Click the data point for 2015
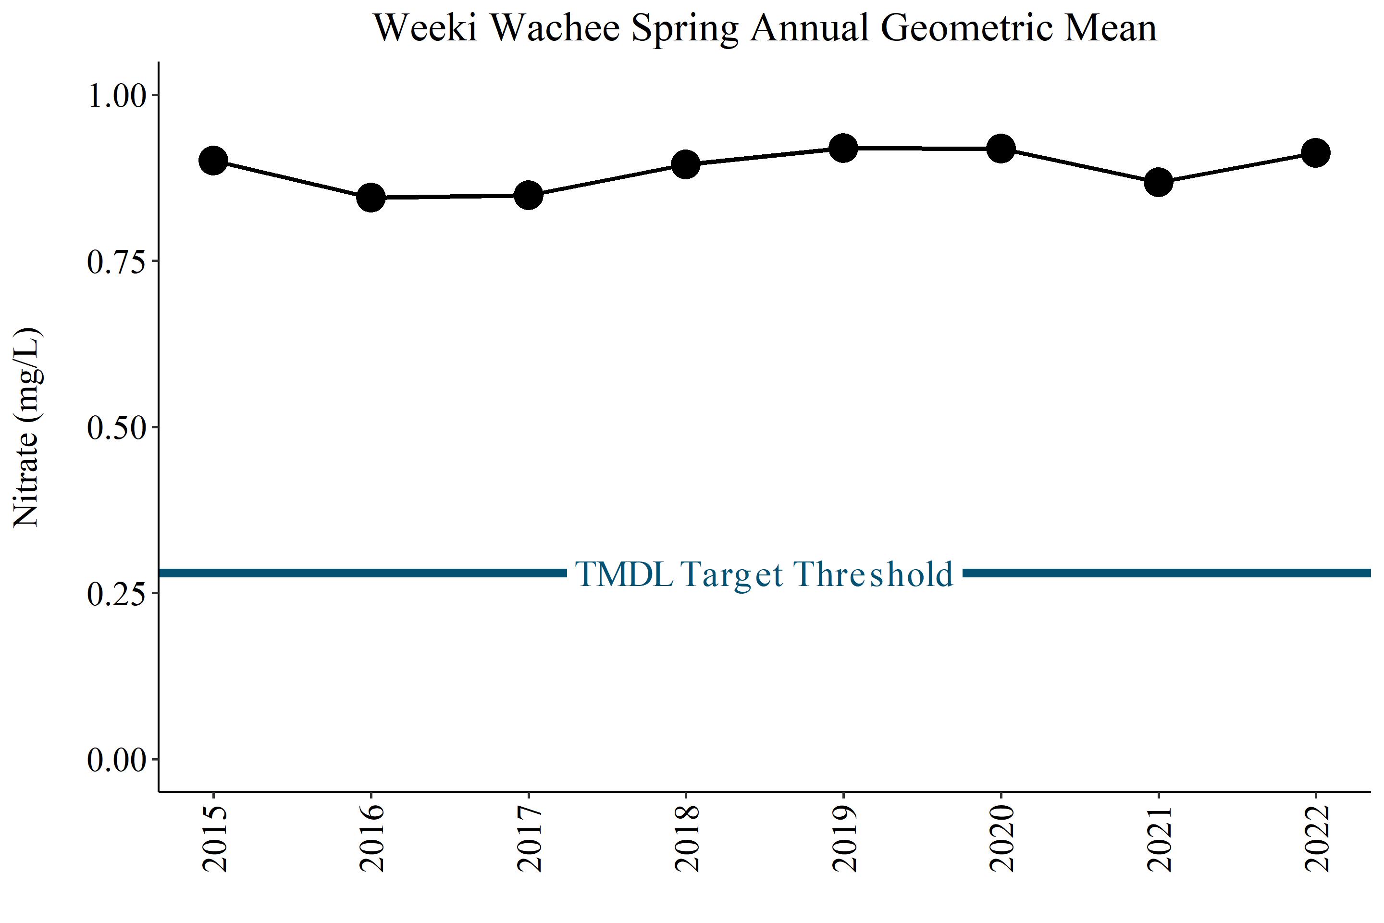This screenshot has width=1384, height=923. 213,161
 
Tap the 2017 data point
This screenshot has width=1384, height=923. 529,195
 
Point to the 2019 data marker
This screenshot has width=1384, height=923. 843,148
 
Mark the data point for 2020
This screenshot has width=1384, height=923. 1001,149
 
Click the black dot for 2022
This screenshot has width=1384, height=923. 1316,153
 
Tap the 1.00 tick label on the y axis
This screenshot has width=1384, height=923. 116,95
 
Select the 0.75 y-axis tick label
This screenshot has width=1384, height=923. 116,262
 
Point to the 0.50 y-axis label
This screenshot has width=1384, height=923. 116,428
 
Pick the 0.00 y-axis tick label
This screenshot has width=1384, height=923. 116,760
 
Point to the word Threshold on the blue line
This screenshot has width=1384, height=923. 873,574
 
